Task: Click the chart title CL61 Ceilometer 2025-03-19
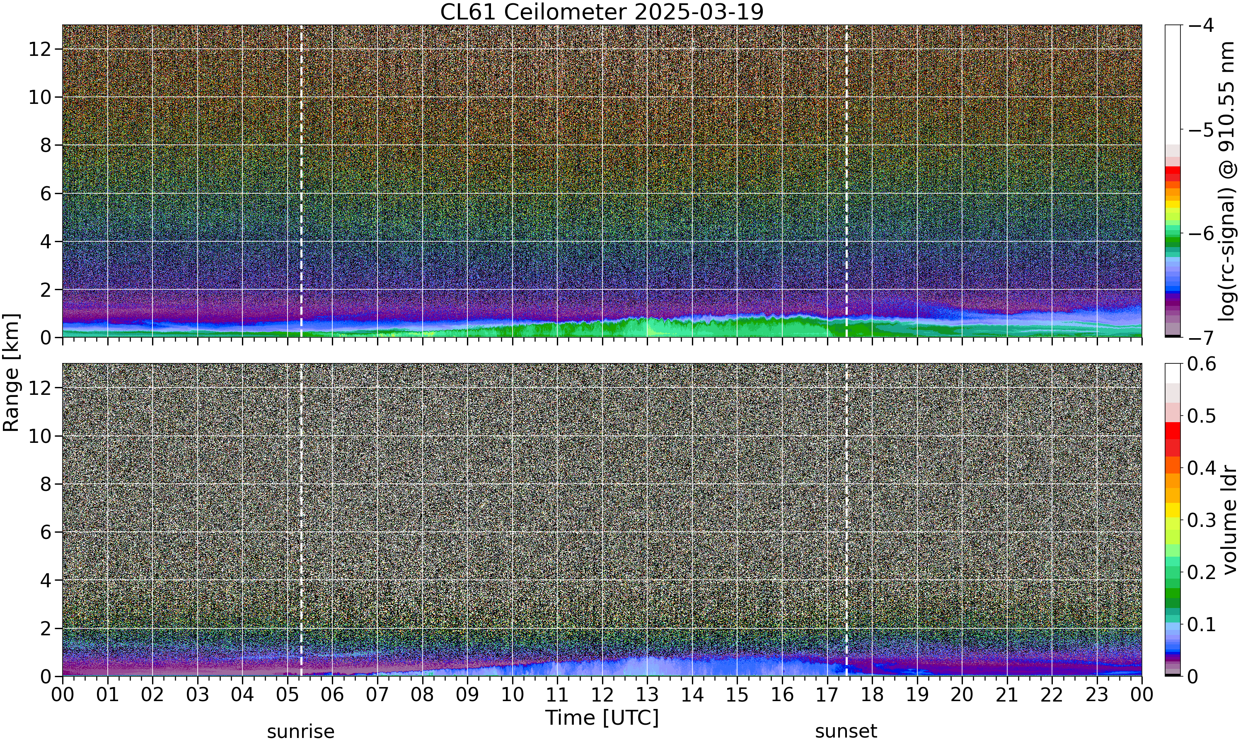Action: pyautogui.click(x=602, y=12)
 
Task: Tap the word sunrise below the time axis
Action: pyautogui.click(x=300, y=731)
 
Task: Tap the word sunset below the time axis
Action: pyautogui.click(x=846, y=731)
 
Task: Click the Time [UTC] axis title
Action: pyautogui.click(x=602, y=718)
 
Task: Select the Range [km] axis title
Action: pyautogui.click(x=11, y=372)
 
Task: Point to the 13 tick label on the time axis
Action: pyautogui.click(x=647, y=695)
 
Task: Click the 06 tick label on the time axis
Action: pyautogui.click(x=332, y=695)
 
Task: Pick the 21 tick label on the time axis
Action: pyautogui.click(x=1007, y=695)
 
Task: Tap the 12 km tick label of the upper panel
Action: pyautogui.click(x=40, y=49)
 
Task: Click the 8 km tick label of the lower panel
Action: pyautogui.click(x=46, y=484)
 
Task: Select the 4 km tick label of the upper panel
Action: pyautogui.click(x=46, y=241)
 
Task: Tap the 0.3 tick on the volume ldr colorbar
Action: pyautogui.click(x=1202, y=520)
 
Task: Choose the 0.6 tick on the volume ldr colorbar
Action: pyautogui.click(x=1202, y=364)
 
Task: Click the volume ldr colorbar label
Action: pyautogui.click(x=1229, y=520)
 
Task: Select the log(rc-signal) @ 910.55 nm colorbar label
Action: pyautogui.click(x=1227, y=181)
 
